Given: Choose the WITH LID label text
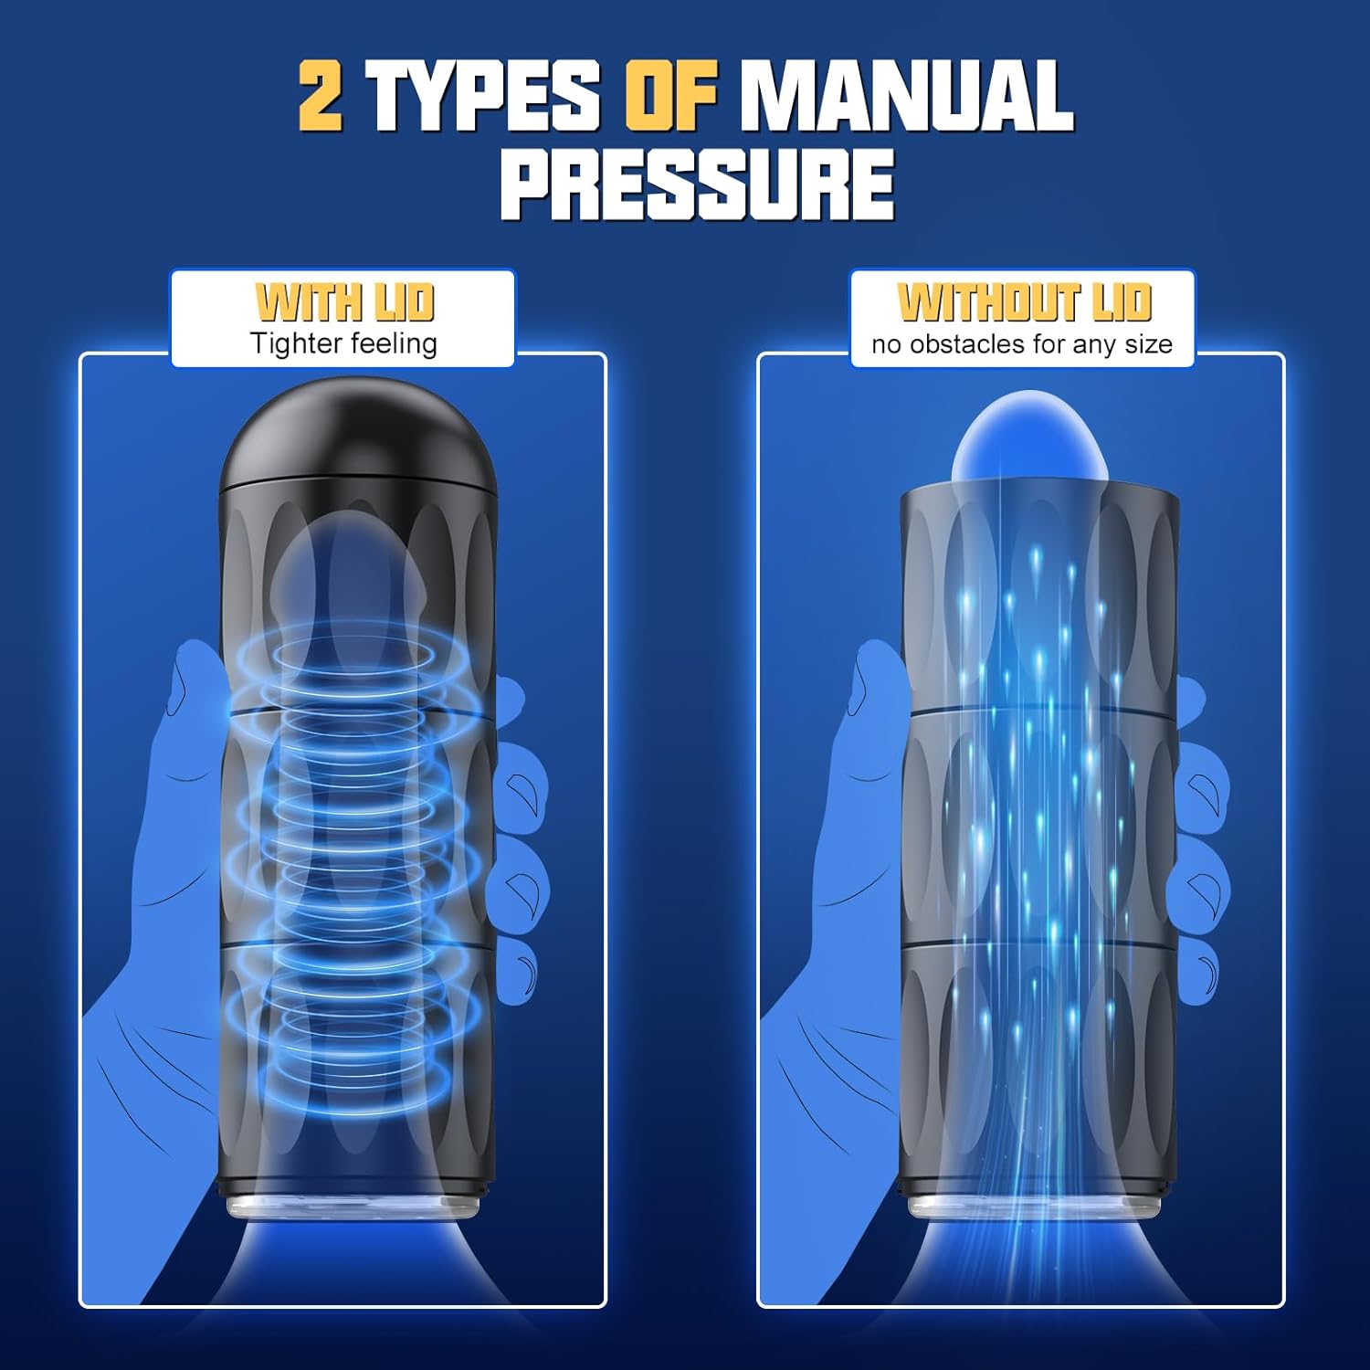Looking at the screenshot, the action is click(344, 302).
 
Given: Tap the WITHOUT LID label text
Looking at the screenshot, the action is click(1024, 302).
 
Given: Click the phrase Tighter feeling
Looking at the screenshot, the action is click(344, 343).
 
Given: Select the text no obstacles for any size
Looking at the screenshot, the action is click(1022, 344).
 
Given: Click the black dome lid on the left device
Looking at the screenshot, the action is click(359, 433).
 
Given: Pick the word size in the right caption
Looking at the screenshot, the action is click(1149, 344).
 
